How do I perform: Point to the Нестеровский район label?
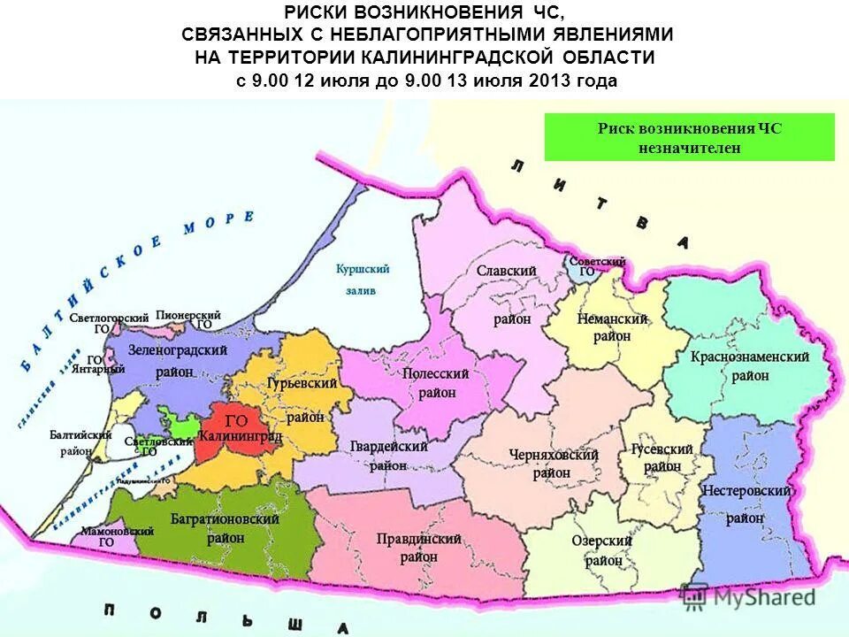click(746, 503)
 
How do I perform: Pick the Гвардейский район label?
click(388, 456)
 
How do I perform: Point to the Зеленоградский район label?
click(174, 360)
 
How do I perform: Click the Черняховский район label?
click(553, 463)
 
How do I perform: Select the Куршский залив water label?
click(363, 278)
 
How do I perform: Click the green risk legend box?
click(689, 137)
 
